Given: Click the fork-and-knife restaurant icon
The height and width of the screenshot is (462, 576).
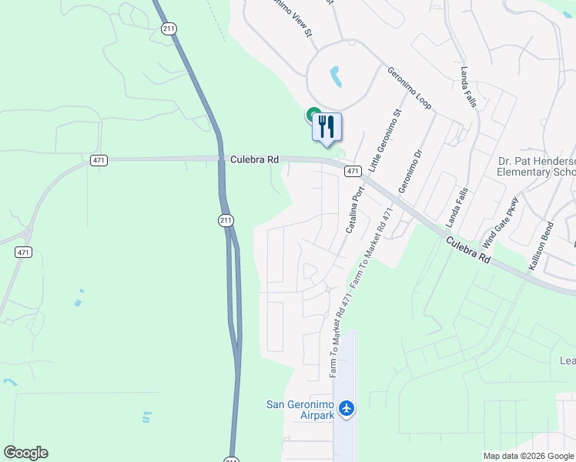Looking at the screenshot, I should point(327,126).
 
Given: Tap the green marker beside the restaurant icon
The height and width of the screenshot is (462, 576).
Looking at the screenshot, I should point(314,115).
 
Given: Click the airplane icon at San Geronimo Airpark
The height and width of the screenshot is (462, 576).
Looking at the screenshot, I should point(346,407).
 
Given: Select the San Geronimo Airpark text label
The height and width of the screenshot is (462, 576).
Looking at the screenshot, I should point(301,410).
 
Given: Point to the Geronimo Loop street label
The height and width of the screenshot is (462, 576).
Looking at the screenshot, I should point(409,87).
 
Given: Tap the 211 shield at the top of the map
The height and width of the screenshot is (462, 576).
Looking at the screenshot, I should point(169,28).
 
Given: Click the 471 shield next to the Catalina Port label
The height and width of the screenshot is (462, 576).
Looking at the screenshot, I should point(352,170).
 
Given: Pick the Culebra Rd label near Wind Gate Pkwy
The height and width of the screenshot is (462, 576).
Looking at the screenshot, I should point(467,249).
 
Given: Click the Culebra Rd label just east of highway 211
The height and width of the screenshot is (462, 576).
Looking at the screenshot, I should point(253,160).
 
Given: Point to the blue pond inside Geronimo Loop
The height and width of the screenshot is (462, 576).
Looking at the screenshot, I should point(336,76).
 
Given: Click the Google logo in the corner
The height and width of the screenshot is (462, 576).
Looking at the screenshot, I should point(25,453).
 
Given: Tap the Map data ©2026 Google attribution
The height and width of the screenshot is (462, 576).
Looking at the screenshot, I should point(528,456).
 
